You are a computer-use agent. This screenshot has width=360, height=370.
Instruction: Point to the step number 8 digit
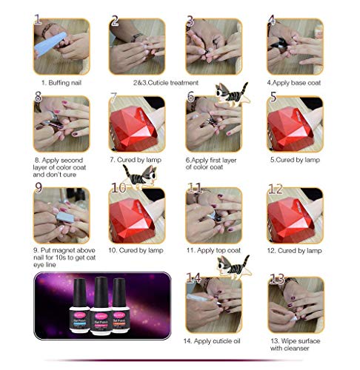pyautogui.click(x=38, y=98)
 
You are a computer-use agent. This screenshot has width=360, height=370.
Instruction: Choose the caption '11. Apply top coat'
pyautogui.click(x=219, y=251)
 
